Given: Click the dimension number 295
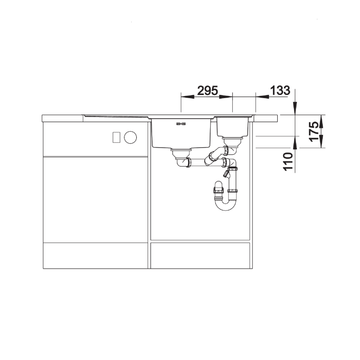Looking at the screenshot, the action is (207, 90).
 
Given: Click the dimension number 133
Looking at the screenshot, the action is (280, 90).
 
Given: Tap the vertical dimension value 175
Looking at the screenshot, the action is (314, 132).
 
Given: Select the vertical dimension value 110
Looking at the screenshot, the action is (288, 162).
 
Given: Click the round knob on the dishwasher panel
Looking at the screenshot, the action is (130, 137).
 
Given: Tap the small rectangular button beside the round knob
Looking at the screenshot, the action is (117, 137).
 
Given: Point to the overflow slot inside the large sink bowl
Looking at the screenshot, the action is (181, 124).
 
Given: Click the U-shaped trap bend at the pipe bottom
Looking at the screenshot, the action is (225, 205).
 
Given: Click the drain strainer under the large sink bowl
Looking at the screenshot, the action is (181, 153).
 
